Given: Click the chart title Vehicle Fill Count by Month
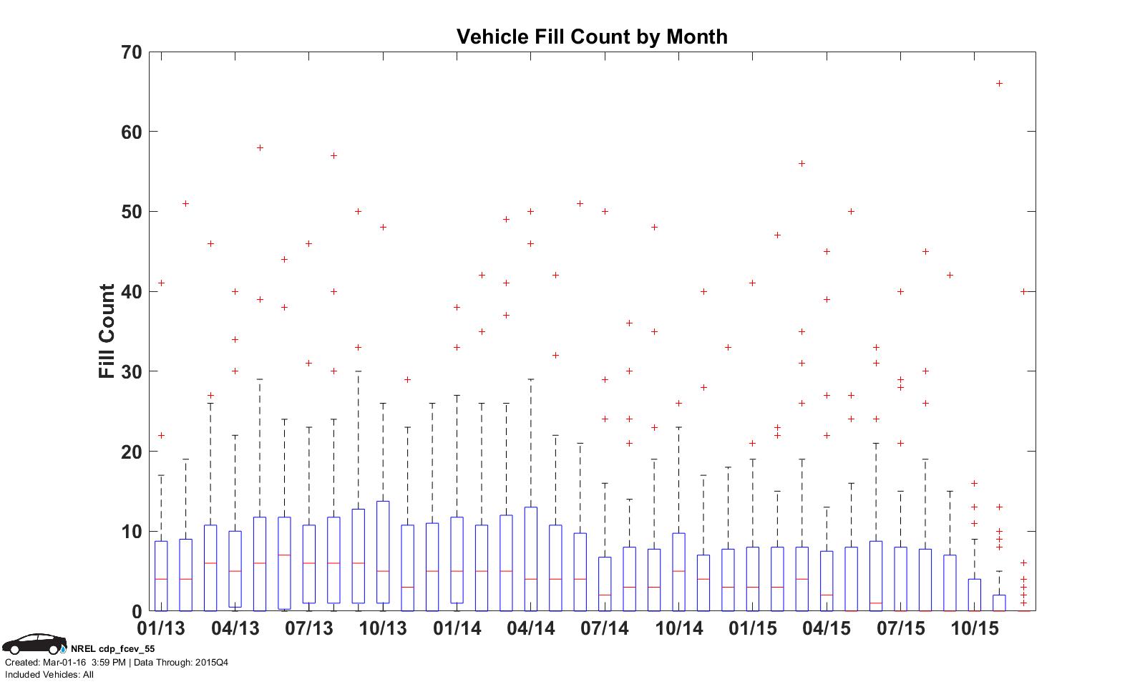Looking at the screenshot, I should (x=592, y=36).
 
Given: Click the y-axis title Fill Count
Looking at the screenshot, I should (x=107, y=331).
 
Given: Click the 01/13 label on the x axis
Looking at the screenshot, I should (x=161, y=629).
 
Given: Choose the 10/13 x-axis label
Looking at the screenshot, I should (x=383, y=629).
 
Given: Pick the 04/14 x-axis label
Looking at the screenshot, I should (x=530, y=629).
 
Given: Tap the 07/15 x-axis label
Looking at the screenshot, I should (x=900, y=629).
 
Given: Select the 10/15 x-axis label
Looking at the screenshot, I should (x=974, y=629).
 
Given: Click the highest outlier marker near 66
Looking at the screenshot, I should (x=999, y=84).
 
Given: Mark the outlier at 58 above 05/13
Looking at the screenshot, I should (x=260, y=148).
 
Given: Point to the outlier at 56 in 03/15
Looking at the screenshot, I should (x=801, y=164).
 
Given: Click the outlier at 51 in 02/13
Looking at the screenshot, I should (x=185, y=204).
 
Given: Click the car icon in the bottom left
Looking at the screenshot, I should (x=34, y=643).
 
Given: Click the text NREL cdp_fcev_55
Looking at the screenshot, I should (x=112, y=649).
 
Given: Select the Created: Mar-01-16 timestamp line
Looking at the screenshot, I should (x=117, y=662).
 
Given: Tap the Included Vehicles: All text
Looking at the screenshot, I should (x=49, y=674).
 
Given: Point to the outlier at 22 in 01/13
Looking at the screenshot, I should (x=161, y=436).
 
